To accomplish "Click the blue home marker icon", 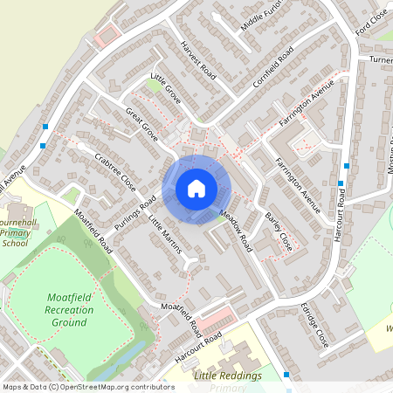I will click(x=196, y=188).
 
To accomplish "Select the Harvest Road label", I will click(x=197, y=59).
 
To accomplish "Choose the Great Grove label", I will click(x=141, y=125).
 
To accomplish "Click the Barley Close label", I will click(x=278, y=230).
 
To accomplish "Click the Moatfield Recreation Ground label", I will click(x=67, y=310).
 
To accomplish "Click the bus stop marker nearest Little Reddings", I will click(x=287, y=375).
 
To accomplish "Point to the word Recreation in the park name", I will click(x=67, y=310).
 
